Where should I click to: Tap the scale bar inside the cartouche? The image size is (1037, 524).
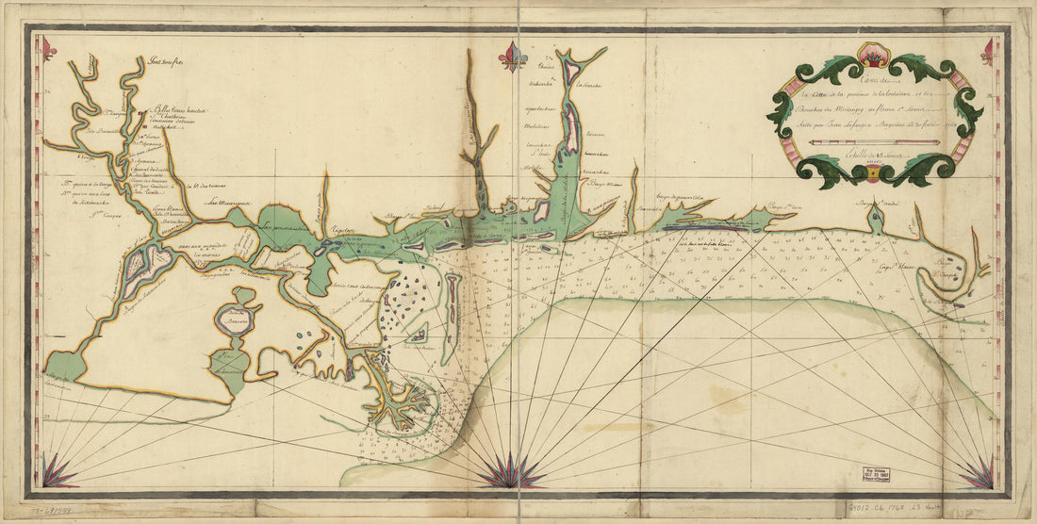click(x=875, y=142)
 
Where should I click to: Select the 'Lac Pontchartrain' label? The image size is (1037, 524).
click(x=284, y=227)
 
